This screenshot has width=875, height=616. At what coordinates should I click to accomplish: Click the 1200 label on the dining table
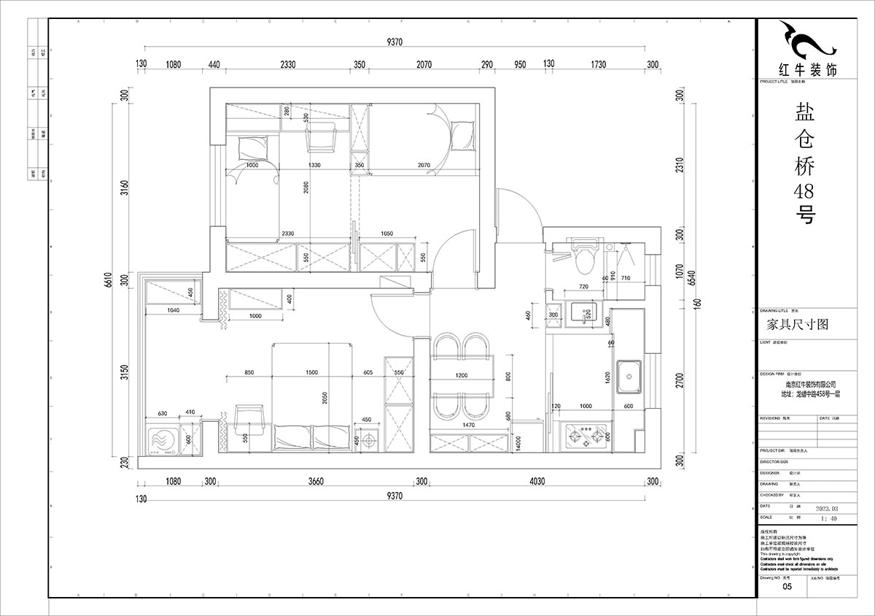point(462,375)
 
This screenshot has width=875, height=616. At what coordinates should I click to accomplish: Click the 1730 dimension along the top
point(598,65)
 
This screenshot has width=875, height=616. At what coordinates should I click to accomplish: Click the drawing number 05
point(787,586)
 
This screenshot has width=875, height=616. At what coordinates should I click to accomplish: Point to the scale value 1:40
point(829,519)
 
